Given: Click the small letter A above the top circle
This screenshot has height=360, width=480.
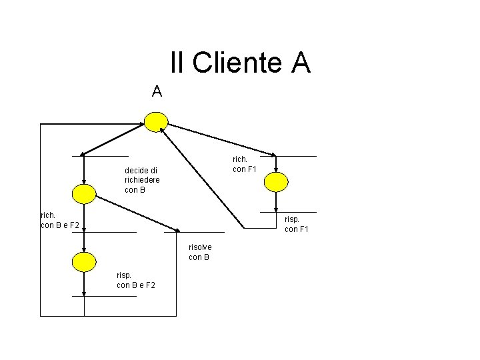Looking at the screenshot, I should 157,91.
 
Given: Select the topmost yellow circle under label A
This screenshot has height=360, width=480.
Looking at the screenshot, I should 157,121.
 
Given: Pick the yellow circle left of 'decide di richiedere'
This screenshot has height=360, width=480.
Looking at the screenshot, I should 84,193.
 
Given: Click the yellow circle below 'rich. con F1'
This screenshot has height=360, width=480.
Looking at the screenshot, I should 276,181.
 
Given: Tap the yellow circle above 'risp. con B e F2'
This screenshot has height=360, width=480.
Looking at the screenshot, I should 84,262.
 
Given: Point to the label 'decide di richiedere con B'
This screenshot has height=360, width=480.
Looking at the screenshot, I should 142,180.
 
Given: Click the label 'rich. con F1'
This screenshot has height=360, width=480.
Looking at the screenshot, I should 244,164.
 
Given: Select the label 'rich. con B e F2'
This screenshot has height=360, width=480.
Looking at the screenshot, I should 59,220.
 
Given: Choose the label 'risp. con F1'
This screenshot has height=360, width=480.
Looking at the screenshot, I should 296,224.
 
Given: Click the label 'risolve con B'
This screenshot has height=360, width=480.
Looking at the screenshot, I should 200,252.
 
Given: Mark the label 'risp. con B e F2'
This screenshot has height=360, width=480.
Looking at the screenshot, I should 136,280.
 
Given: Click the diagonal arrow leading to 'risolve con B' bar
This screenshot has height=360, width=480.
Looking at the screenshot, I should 137,213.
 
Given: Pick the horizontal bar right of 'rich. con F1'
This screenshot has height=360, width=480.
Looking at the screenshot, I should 296,157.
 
